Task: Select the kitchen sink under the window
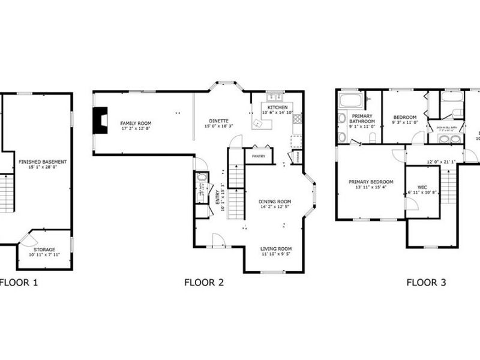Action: (x=275, y=97)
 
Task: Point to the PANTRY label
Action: (x=259, y=156)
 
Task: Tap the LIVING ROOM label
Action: (x=275, y=248)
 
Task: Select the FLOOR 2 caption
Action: (x=204, y=282)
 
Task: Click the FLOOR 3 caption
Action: (x=426, y=282)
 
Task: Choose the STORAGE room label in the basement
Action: (x=44, y=249)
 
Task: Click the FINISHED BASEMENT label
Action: (x=42, y=162)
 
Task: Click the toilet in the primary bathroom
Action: (x=372, y=137)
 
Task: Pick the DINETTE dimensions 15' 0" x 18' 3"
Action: (x=218, y=127)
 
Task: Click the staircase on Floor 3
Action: (x=445, y=185)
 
